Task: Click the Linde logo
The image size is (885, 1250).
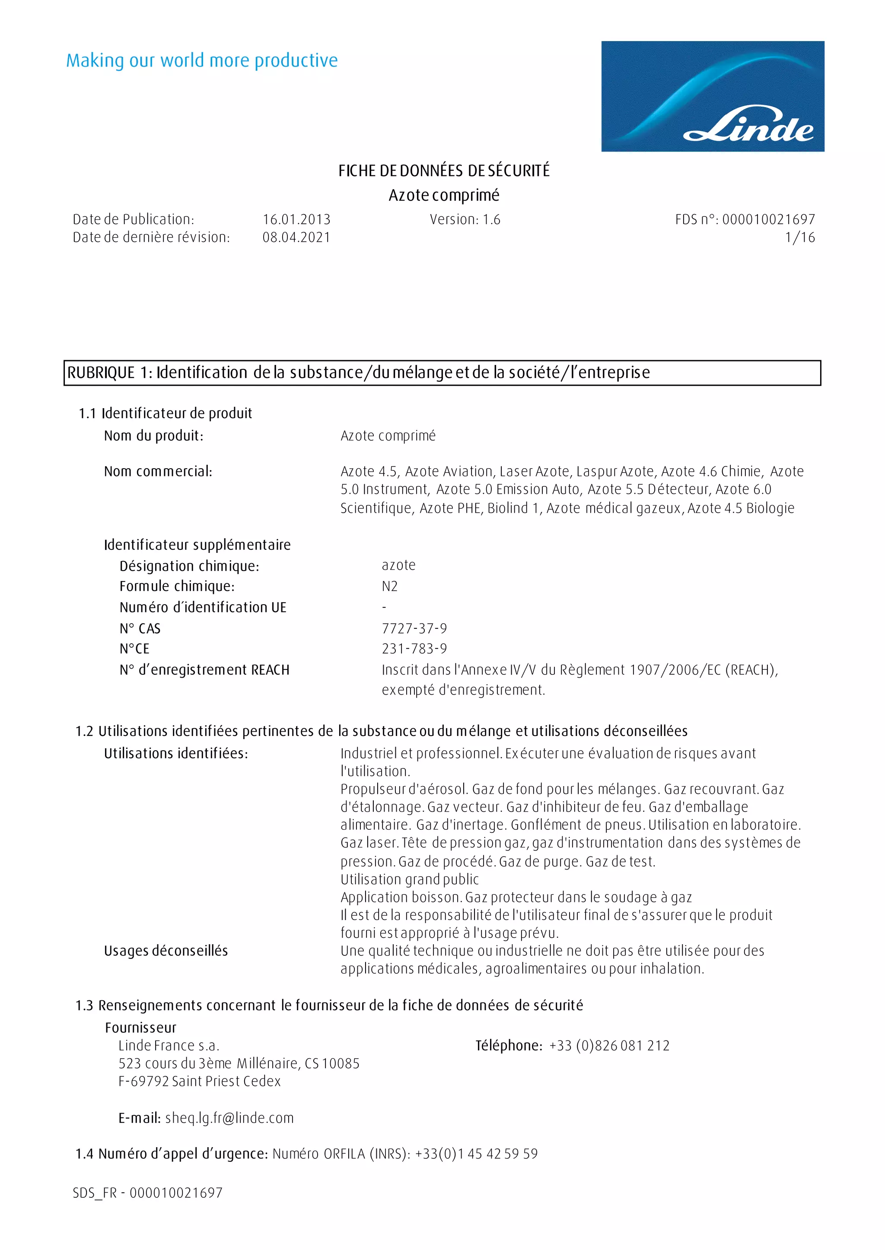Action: [712, 96]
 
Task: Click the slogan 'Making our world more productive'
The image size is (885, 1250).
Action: [202, 60]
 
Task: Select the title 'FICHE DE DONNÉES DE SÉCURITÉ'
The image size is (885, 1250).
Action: [444, 171]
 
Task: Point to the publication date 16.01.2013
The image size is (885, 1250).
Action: [296, 219]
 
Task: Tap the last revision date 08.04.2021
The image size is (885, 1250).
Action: [296, 238]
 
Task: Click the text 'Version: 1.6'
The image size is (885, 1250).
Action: [465, 219]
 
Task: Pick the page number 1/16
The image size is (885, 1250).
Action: [799, 238]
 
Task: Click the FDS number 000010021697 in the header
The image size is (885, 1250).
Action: [768, 219]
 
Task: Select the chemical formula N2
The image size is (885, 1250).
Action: [390, 587]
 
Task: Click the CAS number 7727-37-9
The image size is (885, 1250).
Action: [414, 628]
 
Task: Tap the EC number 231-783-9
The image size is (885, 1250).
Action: [414, 649]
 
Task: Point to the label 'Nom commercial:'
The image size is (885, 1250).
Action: [158, 472]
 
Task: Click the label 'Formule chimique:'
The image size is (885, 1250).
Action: [177, 587]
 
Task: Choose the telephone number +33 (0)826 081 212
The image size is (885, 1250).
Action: [609, 1046]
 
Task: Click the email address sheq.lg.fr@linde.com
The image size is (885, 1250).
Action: [229, 1118]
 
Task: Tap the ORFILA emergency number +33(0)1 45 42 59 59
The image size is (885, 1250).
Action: [476, 1154]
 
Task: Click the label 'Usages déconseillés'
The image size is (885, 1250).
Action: [166, 951]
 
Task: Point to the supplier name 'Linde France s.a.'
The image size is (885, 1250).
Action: [169, 1046]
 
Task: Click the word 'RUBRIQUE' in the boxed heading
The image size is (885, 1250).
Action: [101, 373]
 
